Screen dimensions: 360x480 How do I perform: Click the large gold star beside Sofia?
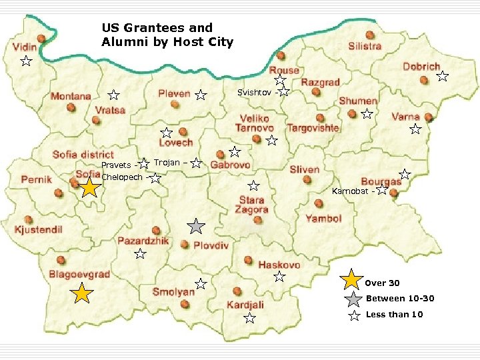tap(89, 188)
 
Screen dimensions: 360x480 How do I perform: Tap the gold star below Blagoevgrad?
tap(81, 293)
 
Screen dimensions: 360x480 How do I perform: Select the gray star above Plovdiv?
tap(195, 226)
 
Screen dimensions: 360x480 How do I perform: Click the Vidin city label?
tap(25, 47)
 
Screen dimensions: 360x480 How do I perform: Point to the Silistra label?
tap(365, 46)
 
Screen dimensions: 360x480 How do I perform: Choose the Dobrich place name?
tap(421, 67)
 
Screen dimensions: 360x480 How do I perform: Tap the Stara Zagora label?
tap(251, 205)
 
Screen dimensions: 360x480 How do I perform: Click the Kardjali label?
tap(245, 305)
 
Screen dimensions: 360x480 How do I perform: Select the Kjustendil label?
tap(38, 230)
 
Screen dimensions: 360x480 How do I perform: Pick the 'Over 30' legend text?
tap(382, 283)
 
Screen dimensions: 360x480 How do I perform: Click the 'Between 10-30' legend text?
tap(399, 299)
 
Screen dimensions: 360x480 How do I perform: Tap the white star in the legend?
tap(354, 315)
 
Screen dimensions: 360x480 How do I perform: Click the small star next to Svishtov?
tap(284, 91)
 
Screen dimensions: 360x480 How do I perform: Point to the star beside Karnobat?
tap(381, 190)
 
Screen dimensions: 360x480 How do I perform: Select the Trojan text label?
tap(167, 163)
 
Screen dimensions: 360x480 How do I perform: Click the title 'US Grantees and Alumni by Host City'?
tap(167, 35)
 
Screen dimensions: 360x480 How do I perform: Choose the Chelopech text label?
tap(122, 177)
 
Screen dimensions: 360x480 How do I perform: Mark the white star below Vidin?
tap(25, 62)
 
